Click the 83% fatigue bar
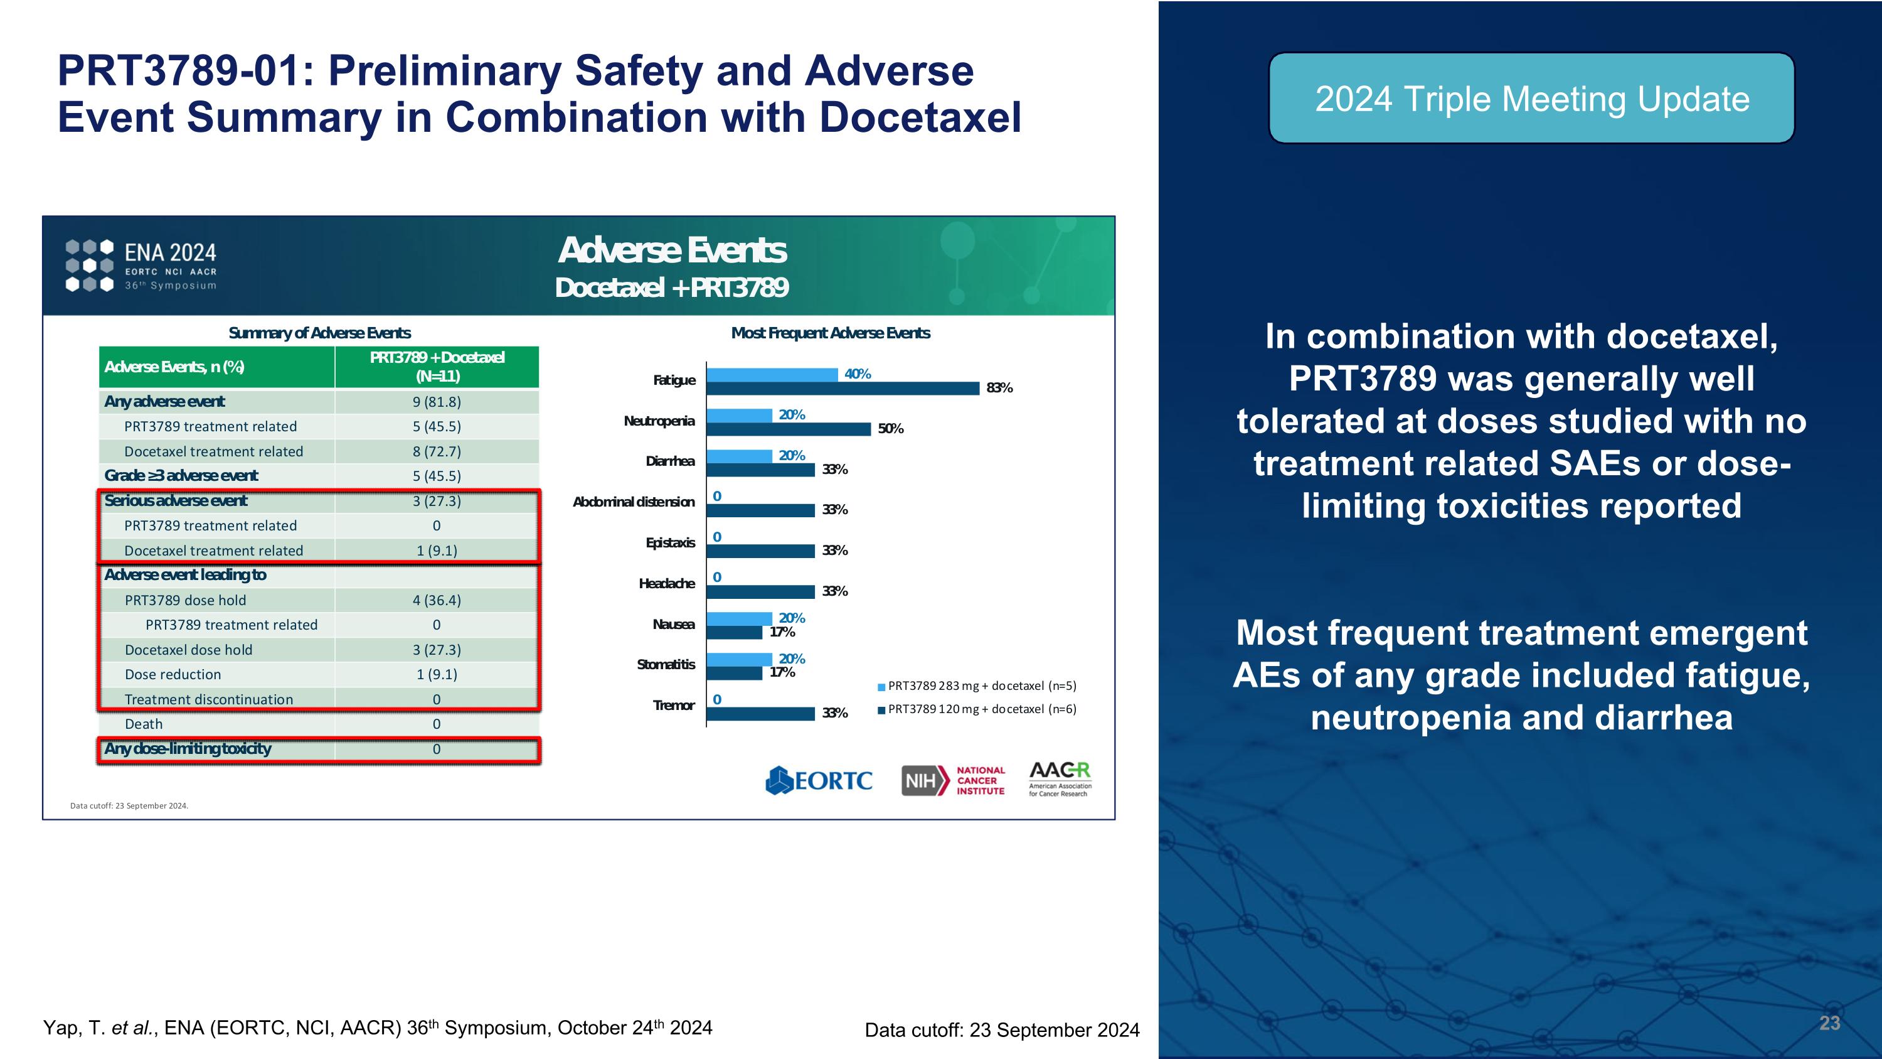[x=843, y=388]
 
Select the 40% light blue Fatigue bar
[x=772, y=374]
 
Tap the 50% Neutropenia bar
[x=789, y=429]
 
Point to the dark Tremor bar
[x=760, y=713]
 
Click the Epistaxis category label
[x=670, y=542]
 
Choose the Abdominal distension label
[x=634, y=502]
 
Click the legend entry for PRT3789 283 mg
[x=977, y=686]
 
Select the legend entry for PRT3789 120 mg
[x=977, y=709]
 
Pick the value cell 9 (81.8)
[x=436, y=402]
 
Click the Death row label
[x=144, y=724]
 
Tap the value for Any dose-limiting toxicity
[x=436, y=749]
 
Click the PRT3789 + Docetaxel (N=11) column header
[x=437, y=367]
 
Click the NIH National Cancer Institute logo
[x=953, y=780]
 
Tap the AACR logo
[x=1060, y=779]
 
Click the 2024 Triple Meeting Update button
[x=1531, y=99]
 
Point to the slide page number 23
[x=1829, y=1023]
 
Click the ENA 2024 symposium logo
[x=141, y=266]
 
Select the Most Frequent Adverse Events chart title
[x=830, y=333]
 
